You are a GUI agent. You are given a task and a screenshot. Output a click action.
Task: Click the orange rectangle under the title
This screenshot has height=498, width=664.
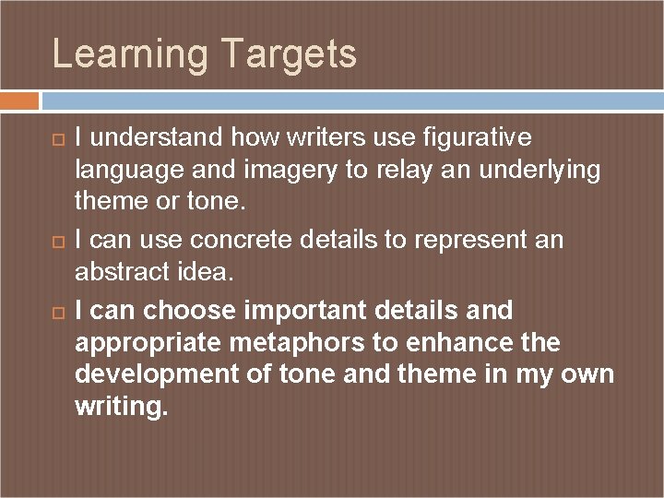[19, 100]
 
